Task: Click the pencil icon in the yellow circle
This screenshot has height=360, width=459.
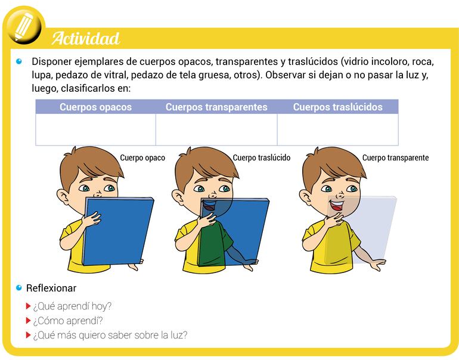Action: tap(24, 26)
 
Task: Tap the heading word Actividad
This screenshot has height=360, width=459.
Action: tap(86, 38)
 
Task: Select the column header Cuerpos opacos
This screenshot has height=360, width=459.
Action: tap(96, 107)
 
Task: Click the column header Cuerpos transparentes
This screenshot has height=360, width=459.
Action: tap(216, 107)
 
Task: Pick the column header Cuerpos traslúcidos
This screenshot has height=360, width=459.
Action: tap(338, 107)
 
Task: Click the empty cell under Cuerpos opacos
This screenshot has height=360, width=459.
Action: tap(96, 129)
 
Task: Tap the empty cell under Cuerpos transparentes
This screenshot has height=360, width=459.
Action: tap(216, 129)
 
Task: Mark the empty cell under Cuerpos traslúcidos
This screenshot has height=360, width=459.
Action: tap(338, 129)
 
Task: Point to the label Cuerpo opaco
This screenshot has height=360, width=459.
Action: tap(142, 158)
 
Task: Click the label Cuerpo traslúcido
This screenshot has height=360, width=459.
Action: tap(262, 158)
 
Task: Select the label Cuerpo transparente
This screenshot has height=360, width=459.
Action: tap(395, 158)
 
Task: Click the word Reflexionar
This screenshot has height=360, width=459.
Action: tap(51, 288)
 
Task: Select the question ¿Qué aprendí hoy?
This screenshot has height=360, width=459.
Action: tap(72, 306)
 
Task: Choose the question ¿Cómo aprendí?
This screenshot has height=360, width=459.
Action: tap(68, 321)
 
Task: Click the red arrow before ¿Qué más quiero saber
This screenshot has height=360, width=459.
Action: tap(28, 335)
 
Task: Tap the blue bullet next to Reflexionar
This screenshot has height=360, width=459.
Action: tap(19, 288)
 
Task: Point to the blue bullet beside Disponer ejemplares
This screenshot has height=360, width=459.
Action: tap(19, 61)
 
